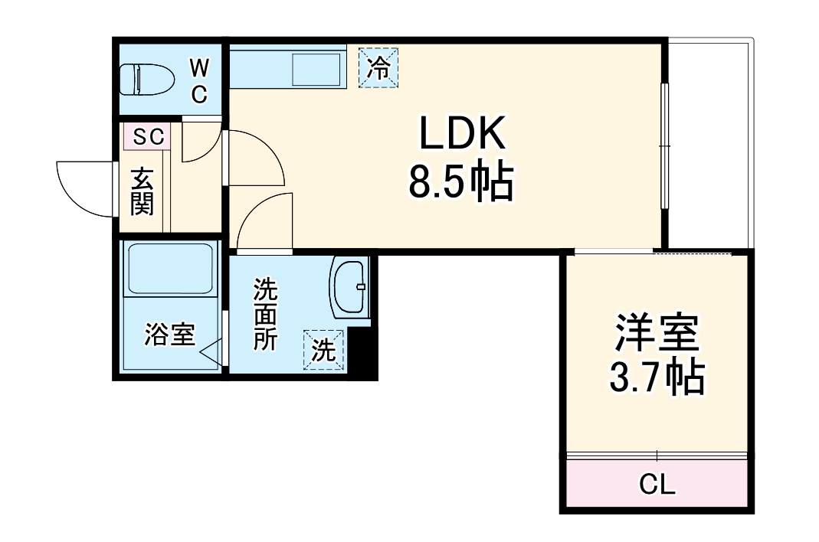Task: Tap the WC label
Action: pos(198,81)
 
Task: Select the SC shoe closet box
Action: pos(149,137)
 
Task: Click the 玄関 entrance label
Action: pos(142,191)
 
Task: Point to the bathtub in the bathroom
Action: pos(170,269)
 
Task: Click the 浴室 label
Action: pos(169,335)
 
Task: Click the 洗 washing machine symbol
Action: pos(323,351)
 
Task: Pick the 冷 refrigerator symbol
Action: pos(379,67)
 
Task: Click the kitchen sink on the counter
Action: pos(316,70)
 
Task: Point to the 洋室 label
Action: pos(657,334)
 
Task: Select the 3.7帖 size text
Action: pos(657,376)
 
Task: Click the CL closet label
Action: pos(657,485)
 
